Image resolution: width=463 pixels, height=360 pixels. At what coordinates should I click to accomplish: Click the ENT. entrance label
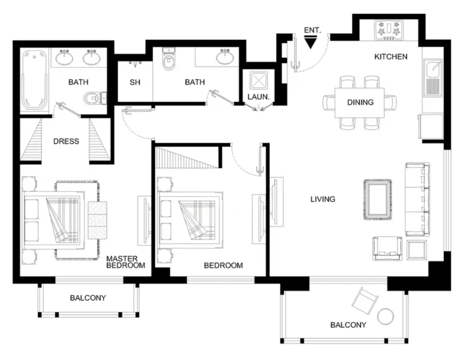click(x=312, y=30)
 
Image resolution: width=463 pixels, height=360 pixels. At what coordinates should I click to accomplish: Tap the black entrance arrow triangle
click(x=310, y=42)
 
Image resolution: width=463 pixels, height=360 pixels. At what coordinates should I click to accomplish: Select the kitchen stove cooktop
click(x=388, y=30)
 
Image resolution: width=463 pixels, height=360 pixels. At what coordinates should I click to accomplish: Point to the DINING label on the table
click(x=360, y=102)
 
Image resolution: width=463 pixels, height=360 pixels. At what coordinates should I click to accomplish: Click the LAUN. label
click(x=258, y=97)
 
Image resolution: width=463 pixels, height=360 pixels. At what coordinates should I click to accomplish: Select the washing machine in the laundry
click(x=258, y=81)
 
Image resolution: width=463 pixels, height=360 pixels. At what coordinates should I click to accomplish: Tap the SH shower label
click(x=135, y=82)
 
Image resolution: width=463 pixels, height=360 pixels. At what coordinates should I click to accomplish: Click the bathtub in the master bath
click(x=35, y=80)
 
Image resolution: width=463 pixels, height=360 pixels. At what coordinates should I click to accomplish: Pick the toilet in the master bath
click(x=95, y=98)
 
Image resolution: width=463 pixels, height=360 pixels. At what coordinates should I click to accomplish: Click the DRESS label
click(x=66, y=141)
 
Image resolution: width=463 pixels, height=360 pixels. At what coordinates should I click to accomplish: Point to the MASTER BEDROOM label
click(x=126, y=262)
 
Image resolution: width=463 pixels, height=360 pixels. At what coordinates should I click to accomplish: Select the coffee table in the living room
click(x=378, y=200)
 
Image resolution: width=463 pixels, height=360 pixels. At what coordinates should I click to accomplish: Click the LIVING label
click(x=323, y=199)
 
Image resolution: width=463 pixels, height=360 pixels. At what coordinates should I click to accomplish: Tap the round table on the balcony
click(x=385, y=317)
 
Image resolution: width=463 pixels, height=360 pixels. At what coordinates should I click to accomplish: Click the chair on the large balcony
click(x=365, y=301)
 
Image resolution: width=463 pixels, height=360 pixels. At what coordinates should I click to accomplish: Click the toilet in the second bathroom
click(x=169, y=59)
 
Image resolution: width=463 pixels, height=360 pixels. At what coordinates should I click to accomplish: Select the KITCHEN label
click(x=391, y=57)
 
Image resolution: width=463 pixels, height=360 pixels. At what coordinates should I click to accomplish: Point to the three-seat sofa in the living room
click(x=417, y=199)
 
